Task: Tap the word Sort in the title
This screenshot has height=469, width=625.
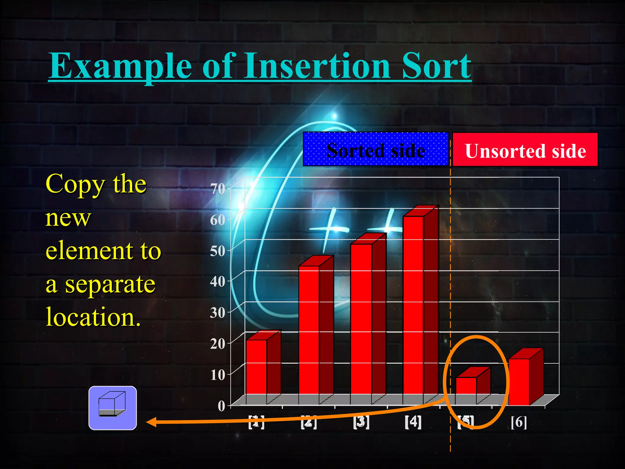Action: pyautogui.click(x=436, y=66)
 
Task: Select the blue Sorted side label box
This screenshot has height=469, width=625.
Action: pyautogui.click(x=376, y=149)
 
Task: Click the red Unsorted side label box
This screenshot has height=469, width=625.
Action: pyautogui.click(x=525, y=150)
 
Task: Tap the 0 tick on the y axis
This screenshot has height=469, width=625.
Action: pyautogui.click(x=222, y=406)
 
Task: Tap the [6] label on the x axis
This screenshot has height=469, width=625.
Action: pyautogui.click(x=519, y=422)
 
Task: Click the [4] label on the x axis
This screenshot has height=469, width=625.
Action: pyautogui.click(x=413, y=422)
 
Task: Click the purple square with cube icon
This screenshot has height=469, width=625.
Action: pyautogui.click(x=113, y=408)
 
